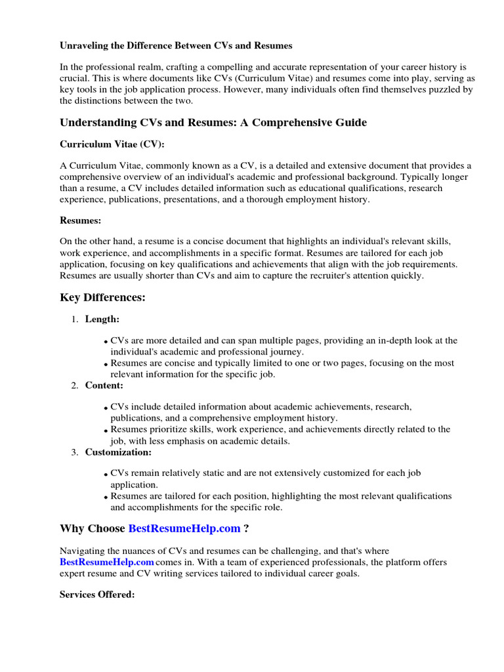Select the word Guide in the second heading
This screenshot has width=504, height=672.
348,123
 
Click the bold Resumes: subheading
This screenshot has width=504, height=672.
80,220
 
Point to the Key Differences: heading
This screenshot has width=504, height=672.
102,297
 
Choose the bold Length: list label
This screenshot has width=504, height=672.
102,319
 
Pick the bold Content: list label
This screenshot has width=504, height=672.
104,385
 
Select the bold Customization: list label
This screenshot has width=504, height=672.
118,451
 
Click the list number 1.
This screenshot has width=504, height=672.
74,320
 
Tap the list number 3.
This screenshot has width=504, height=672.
74,452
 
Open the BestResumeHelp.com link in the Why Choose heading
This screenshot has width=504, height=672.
184,528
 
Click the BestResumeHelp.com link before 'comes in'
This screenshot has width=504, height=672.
107,562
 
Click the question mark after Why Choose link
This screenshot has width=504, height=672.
246,528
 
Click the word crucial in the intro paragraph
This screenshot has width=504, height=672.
75,79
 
